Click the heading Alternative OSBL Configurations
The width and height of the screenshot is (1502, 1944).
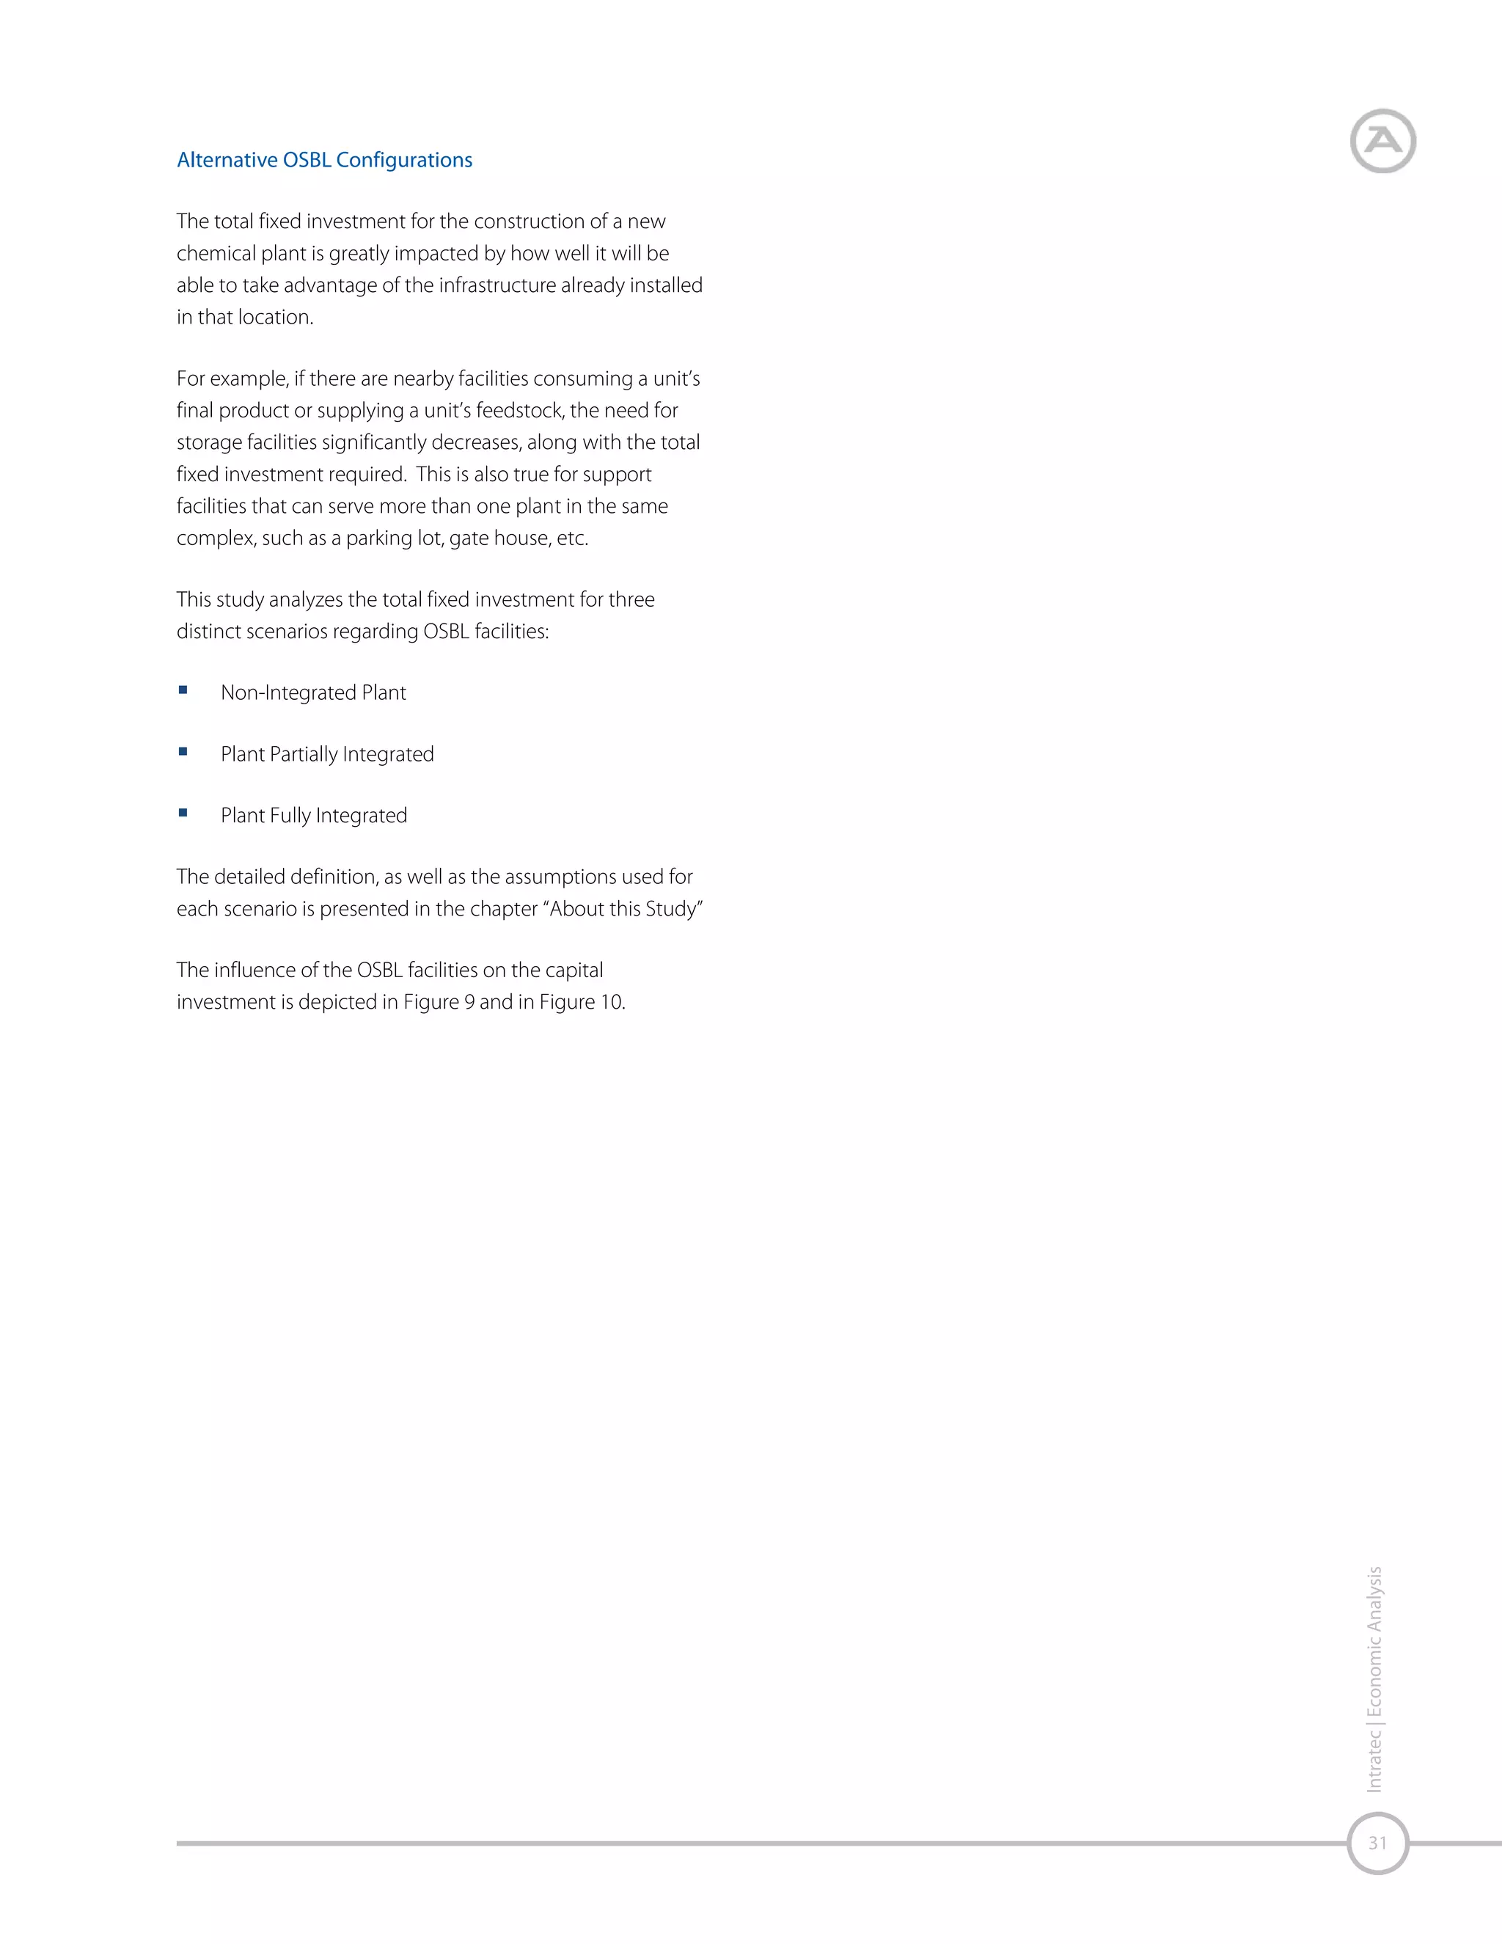(325, 160)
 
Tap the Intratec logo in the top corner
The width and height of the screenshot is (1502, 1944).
(1382, 141)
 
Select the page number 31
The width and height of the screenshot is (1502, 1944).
(1377, 1843)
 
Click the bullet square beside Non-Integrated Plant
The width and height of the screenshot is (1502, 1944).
(183, 690)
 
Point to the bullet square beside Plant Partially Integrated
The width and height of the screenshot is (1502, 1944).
(183, 751)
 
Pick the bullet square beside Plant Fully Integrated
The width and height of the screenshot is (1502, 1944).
(183, 813)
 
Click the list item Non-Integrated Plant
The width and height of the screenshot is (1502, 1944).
(313, 693)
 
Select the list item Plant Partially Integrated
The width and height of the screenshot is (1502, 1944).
(327, 754)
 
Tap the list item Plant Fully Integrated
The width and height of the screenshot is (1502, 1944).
(314, 815)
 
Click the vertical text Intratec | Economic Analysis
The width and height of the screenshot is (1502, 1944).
(1375, 1678)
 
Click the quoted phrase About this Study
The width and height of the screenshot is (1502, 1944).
(626, 909)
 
